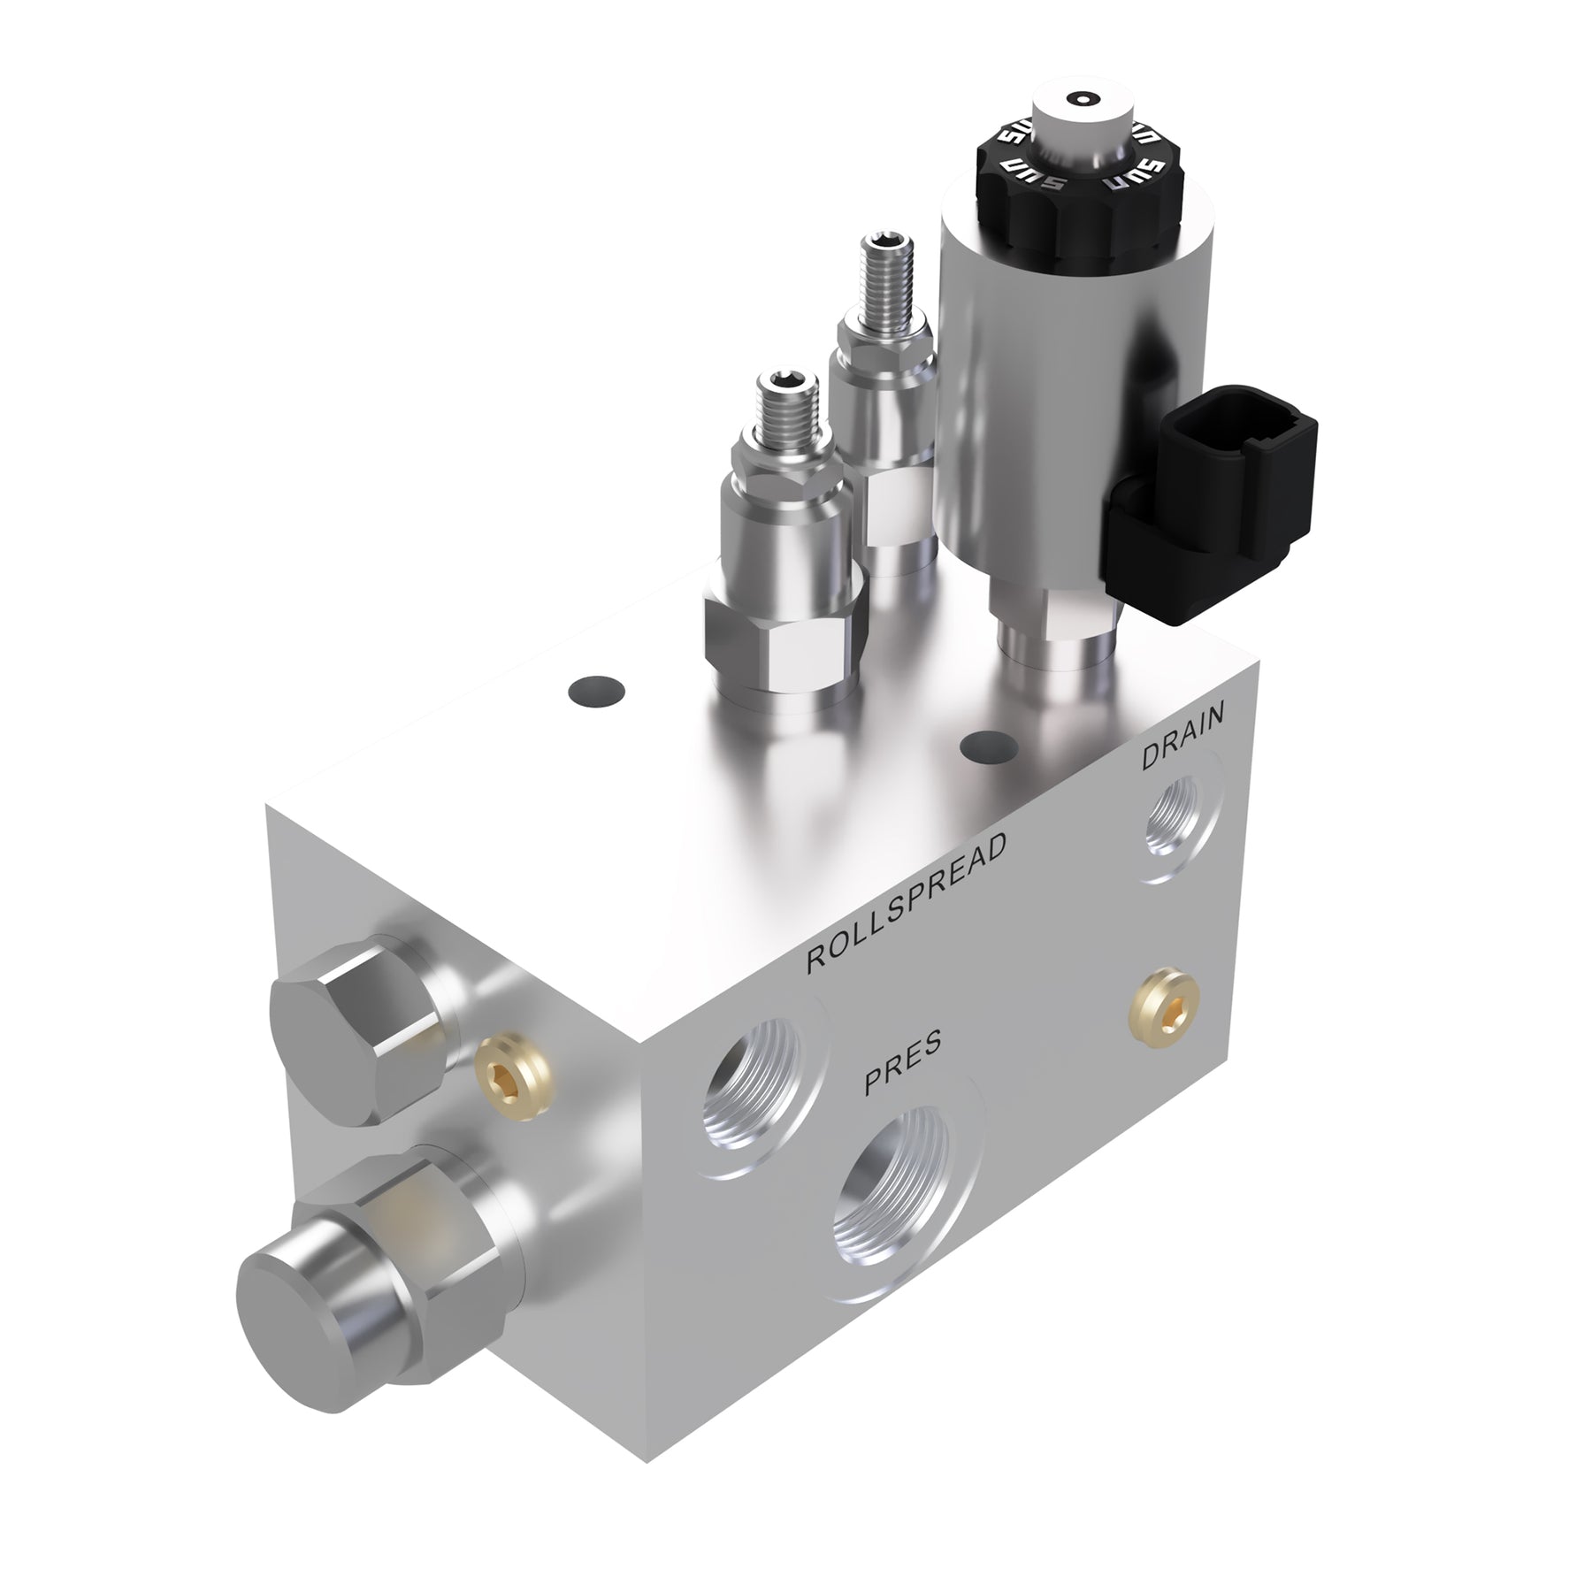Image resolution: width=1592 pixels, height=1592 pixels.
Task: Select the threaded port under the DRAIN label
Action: tap(1173, 820)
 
